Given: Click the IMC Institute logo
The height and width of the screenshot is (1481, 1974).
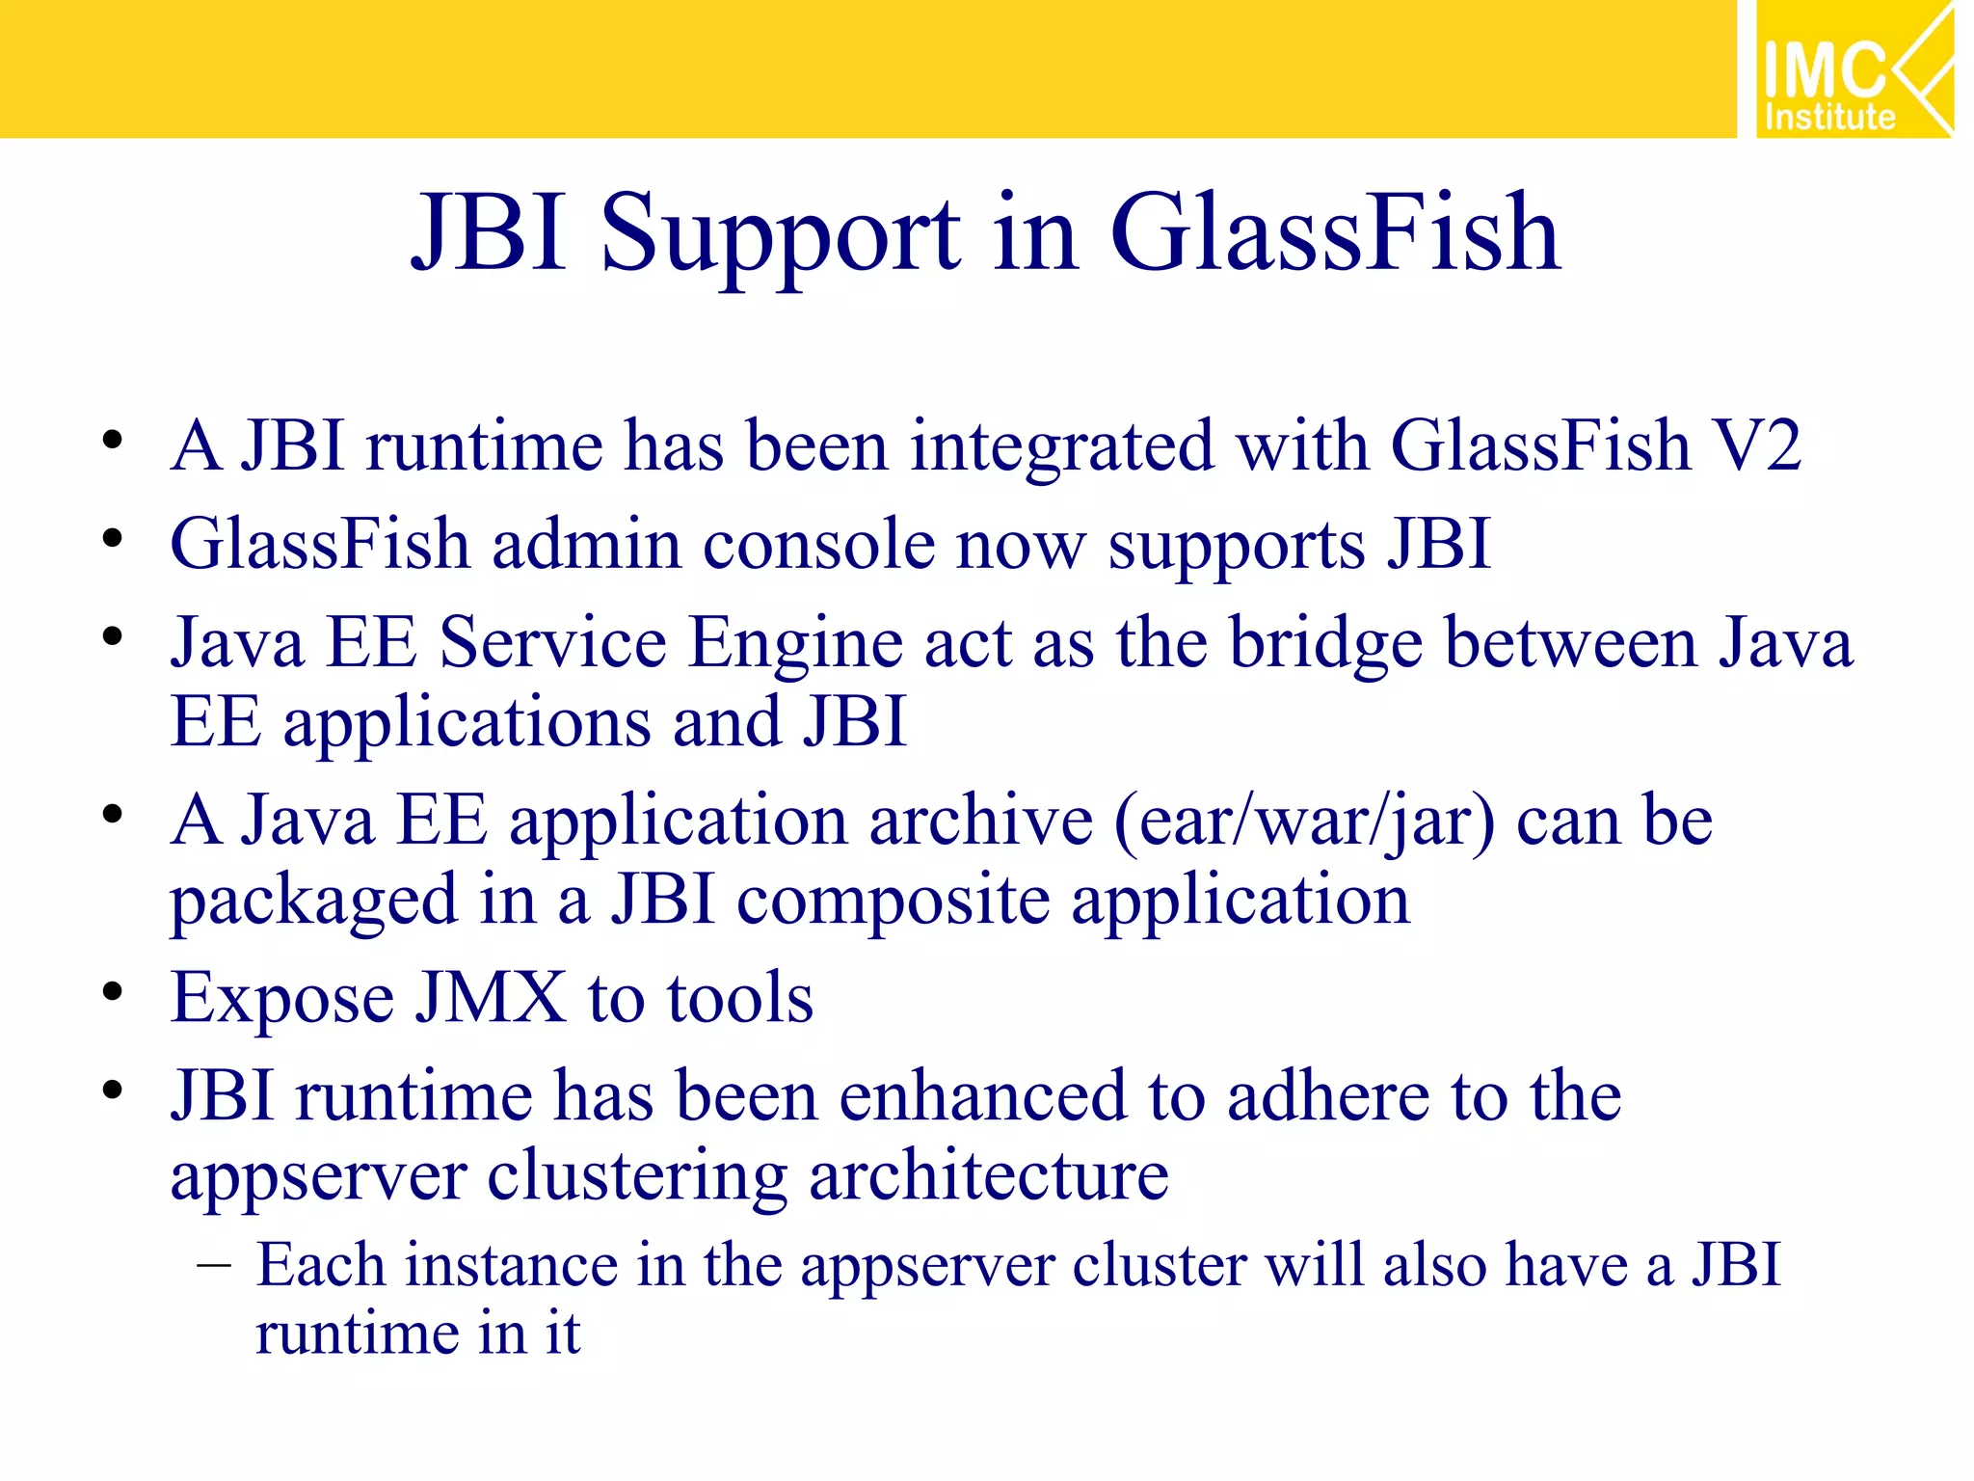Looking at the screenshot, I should [x=1854, y=69].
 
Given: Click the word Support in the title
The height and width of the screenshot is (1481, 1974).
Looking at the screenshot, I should [x=781, y=234].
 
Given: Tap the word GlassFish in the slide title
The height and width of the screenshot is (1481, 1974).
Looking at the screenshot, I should [x=1335, y=234].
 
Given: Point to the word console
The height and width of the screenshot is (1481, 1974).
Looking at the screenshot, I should [x=818, y=545].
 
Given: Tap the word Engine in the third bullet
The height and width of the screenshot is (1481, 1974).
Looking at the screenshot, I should [x=794, y=645].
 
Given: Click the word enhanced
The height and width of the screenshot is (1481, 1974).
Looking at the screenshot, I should [x=982, y=1096].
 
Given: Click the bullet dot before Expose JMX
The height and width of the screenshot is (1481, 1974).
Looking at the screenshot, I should [x=113, y=992].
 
